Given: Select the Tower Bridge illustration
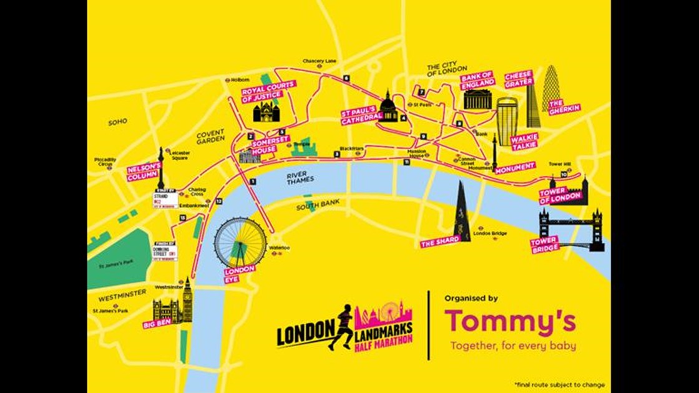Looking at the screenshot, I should click(x=572, y=228).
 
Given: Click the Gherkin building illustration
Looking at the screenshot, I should click(x=551, y=82).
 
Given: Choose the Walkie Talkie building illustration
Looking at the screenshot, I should click(x=507, y=122).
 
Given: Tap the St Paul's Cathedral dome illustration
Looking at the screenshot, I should click(x=388, y=108).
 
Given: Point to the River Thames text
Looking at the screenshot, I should click(x=300, y=178).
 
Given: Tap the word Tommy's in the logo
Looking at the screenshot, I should click(x=510, y=321).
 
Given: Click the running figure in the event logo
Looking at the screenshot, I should click(x=341, y=326).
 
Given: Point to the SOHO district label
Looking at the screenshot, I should click(x=117, y=122).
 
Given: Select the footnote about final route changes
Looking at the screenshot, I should click(x=559, y=385).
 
